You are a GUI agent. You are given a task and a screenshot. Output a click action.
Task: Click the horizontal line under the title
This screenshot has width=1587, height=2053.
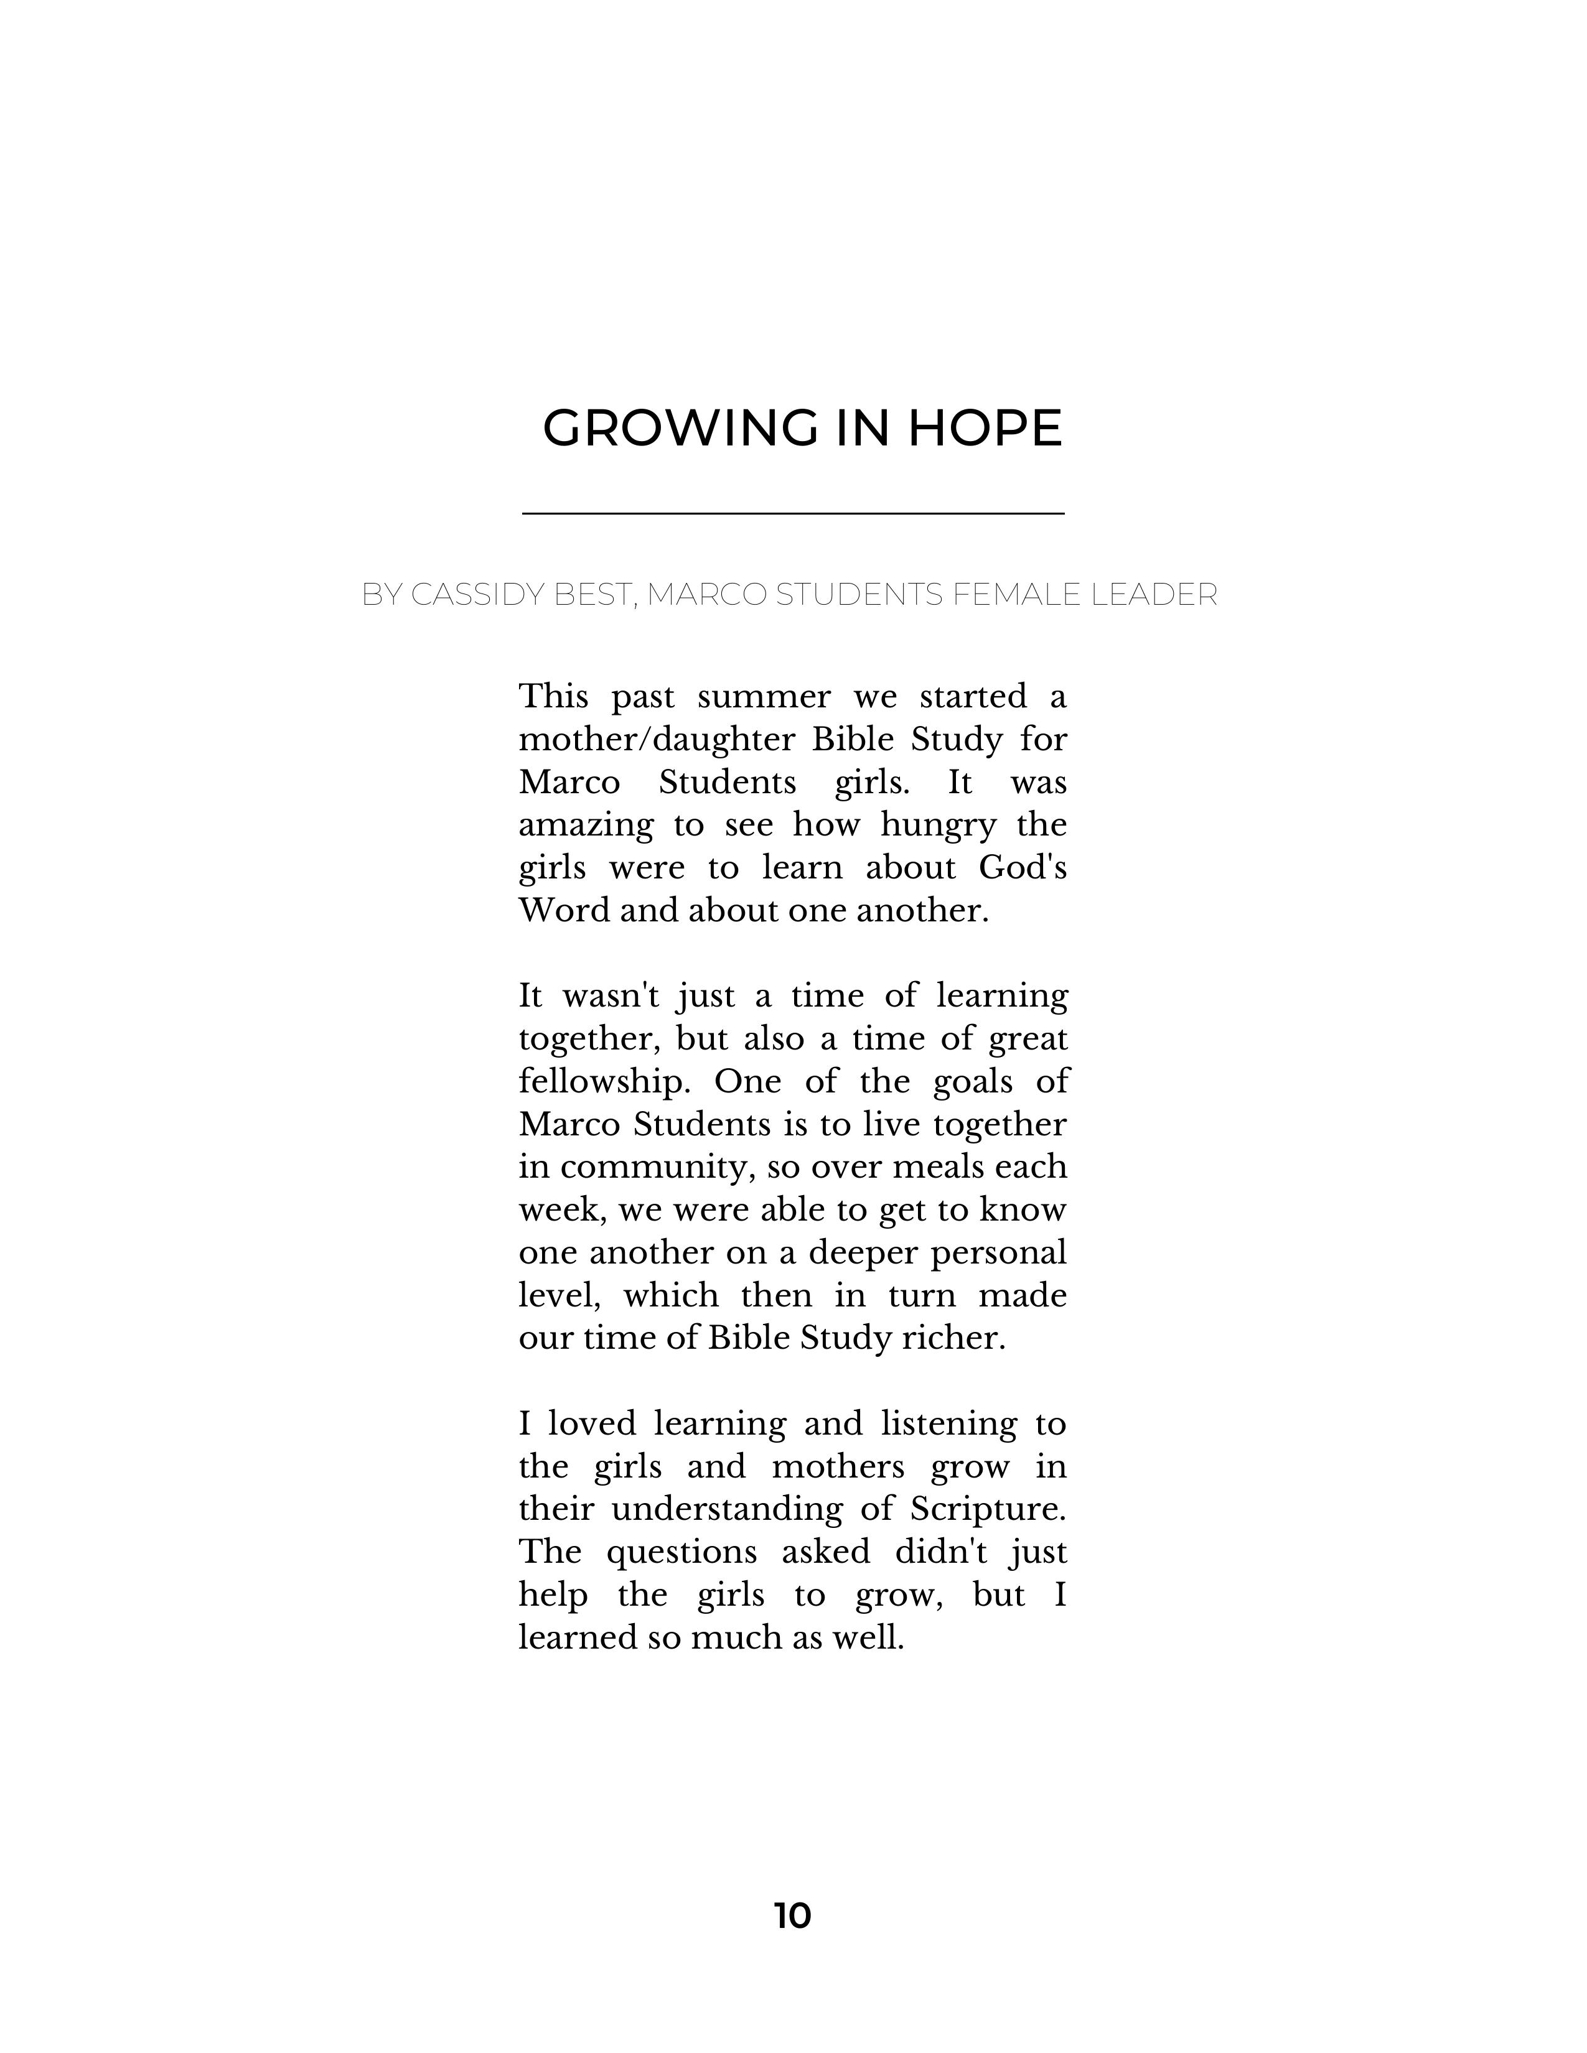coord(792,513)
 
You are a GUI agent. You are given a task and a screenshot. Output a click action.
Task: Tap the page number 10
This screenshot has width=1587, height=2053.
coord(792,1916)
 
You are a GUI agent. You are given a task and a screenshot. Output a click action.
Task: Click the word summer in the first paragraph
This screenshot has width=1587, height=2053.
coord(764,697)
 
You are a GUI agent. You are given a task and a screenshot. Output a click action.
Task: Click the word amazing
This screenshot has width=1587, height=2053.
coord(586,826)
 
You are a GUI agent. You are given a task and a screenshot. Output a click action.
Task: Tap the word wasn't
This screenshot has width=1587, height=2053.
coord(611,995)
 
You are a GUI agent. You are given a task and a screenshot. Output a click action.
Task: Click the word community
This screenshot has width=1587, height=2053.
coord(658,1166)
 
